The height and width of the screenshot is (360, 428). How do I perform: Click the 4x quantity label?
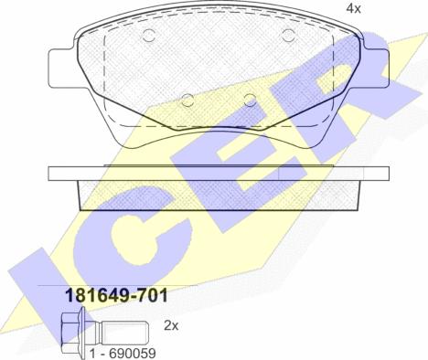[353, 8]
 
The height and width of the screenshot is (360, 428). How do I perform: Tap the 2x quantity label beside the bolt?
[171, 325]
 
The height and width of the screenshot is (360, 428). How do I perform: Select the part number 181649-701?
[117, 295]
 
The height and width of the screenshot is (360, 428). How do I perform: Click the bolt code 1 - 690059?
[123, 354]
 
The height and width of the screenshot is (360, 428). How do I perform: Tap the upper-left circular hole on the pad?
[149, 36]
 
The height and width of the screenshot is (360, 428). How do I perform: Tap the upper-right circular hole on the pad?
[288, 36]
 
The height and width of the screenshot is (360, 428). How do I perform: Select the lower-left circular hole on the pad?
[187, 101]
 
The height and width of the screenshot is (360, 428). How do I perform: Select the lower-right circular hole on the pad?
[251, 101]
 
